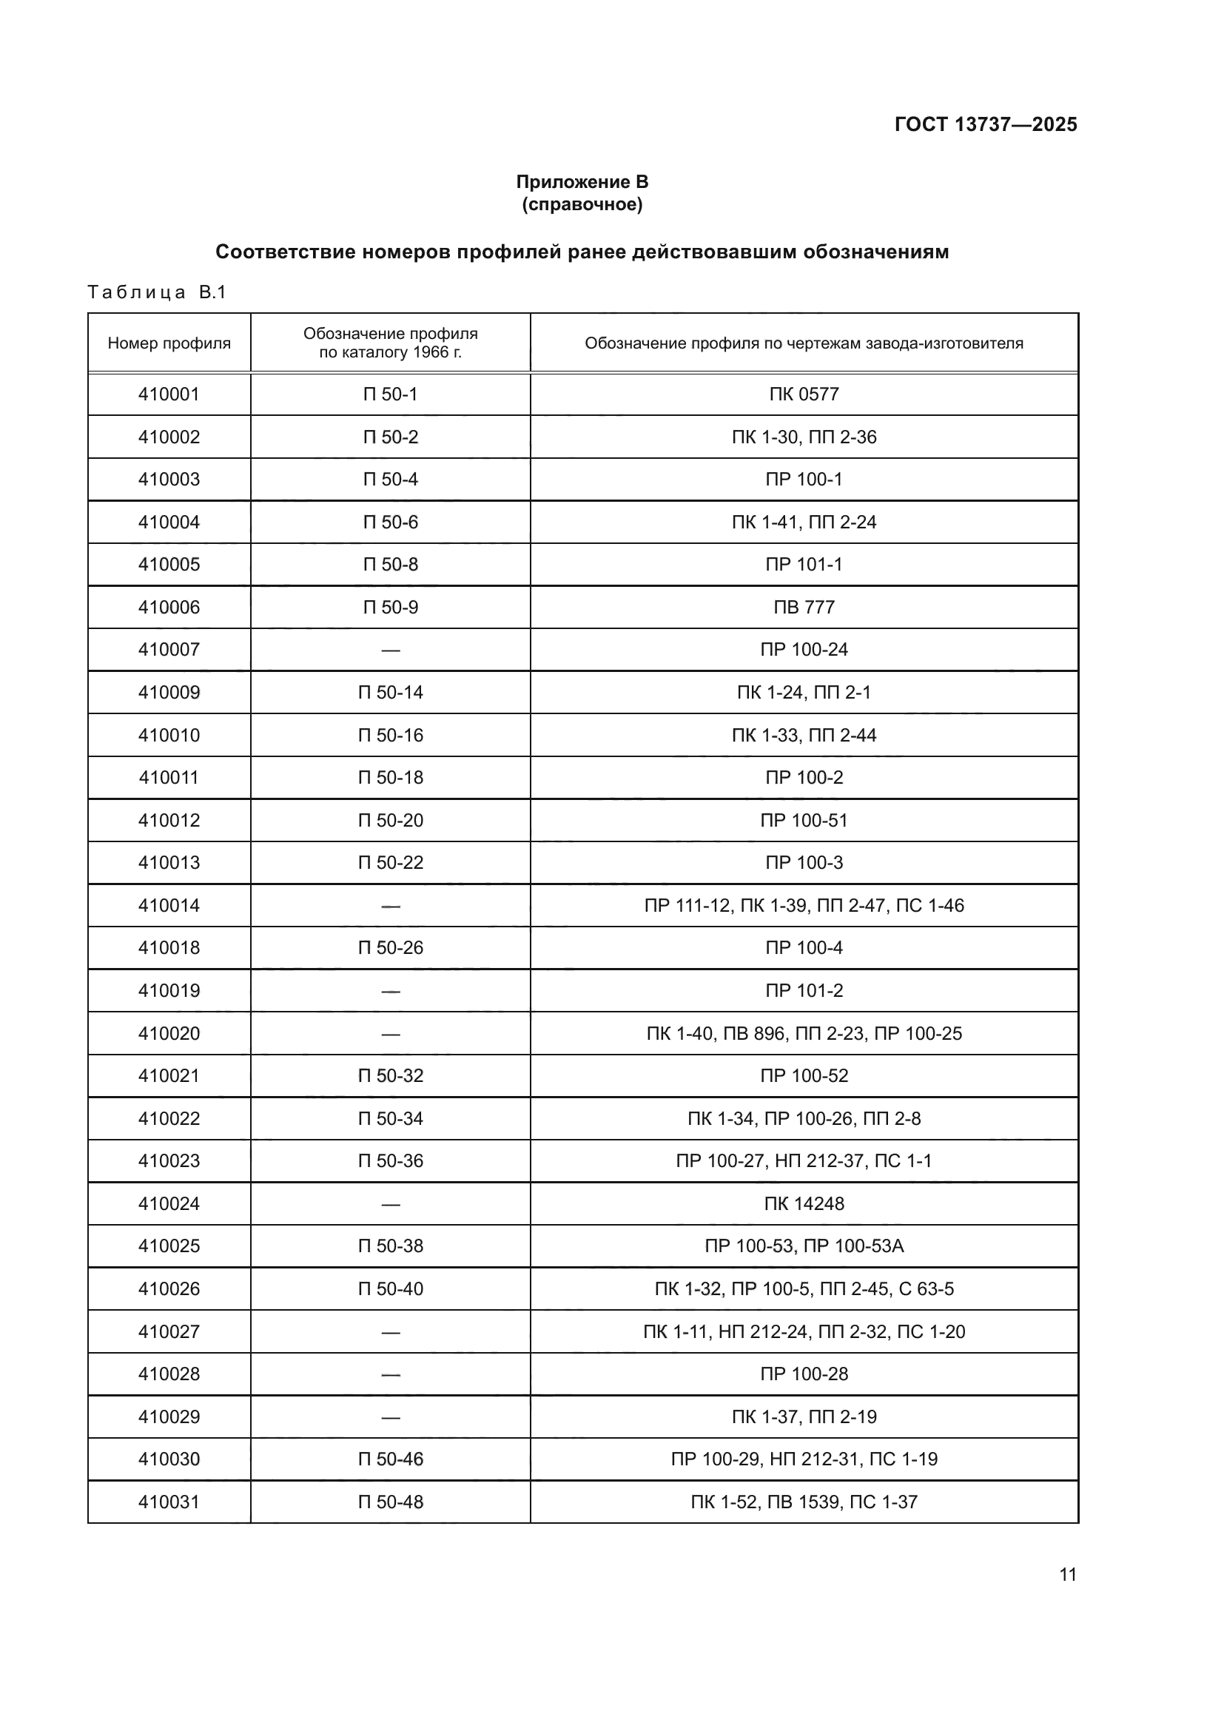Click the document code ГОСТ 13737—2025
tap(985, 124)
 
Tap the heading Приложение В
tap(582, 182)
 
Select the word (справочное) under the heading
tap(582, 204)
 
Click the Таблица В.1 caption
tap(157, 292)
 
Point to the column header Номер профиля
tap(169, 343)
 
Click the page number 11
tap(1067, 1575)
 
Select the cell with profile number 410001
tap(169, 394)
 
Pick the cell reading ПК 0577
tap(804, 394)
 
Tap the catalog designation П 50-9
tap(391, 607)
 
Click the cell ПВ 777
tap(804, 607)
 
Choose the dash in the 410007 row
tap(391, 650)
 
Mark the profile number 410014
tap(169, 905)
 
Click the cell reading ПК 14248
tap(804, 1204)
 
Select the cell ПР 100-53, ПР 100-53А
tap(804, 1246)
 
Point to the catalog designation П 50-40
tap(391, 1289)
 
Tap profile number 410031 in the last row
tap(169, 1502)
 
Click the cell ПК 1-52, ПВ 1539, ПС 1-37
tap(804, 1502)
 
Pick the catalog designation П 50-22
tap(391, 862)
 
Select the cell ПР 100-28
tap(804, 1374)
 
